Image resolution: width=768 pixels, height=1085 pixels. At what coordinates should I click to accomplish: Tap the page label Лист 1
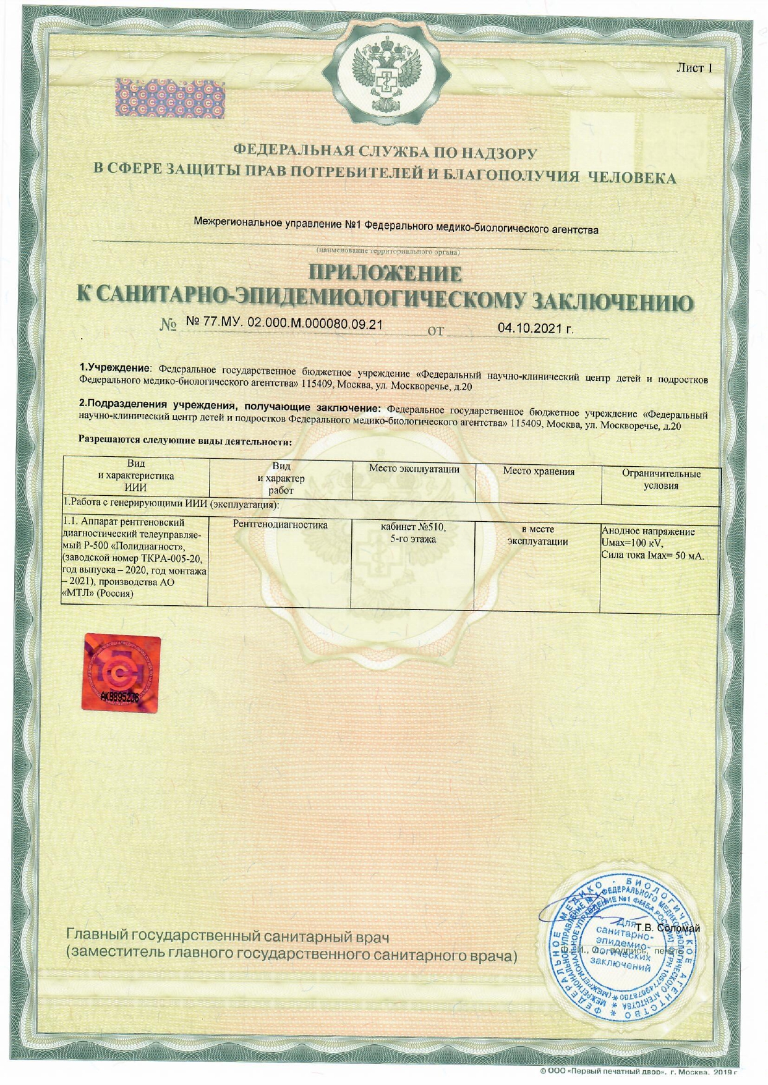pyautogui.click(x=694, y=68)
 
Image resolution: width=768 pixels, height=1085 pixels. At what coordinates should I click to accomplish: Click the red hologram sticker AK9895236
pyautogui.click(x=121, y=673)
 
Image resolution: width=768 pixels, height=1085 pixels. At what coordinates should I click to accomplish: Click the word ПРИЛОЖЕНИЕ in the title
pyautogui.click(x=385, y=273)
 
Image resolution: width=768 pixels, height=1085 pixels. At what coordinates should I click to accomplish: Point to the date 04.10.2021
pyautogui.click(x=535, y=328)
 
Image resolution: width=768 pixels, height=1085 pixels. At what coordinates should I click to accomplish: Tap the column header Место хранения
pyautogui.click(x=538, y=471)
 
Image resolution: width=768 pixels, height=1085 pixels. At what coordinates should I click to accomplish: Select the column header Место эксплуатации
pyautogui.click(x=414, y=469)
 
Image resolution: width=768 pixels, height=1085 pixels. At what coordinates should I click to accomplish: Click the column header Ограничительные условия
pyautogui.click(x=661, y=480)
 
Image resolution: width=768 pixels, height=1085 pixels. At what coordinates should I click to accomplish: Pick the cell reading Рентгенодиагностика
pyautogui.click(x=280, y=525)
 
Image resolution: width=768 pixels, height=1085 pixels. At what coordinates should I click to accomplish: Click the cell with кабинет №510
pyautogui.click(x=413, y=527)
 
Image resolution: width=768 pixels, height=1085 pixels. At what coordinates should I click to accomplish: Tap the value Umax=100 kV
pyautogui.click(x=632, y=543)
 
